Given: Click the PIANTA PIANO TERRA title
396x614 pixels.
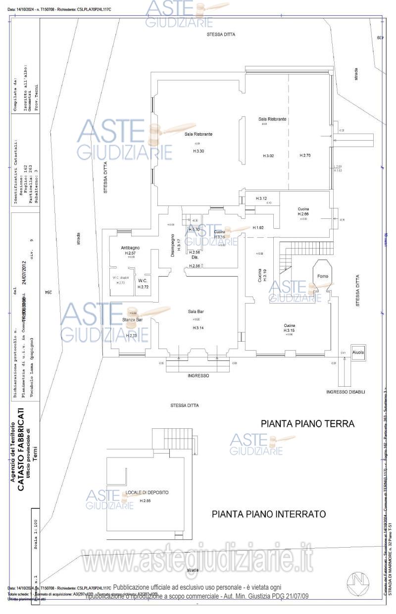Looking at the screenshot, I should [x=307, y=424].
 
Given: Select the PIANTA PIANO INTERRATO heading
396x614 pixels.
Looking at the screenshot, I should [x=269, y=514].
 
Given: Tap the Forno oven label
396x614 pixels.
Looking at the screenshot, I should [x=322, y=276].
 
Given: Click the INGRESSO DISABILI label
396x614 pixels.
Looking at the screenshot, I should [x=346, y=392].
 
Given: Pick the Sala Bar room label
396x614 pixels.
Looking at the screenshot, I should [x=196, y=311].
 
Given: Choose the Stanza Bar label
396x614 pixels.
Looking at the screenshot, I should [x=132, y=320].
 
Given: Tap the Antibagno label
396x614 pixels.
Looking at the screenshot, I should [x=130, y=248].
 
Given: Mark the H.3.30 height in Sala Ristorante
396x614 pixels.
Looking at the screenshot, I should [x=198, y=151].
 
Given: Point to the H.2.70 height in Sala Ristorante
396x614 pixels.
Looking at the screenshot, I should [x=305, y=155].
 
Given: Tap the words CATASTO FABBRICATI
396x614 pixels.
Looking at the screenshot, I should [x=21, y=449].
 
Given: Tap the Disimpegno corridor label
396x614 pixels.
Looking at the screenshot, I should [x=173, y=246].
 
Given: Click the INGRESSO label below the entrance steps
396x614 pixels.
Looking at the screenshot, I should [x=198, y=376].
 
